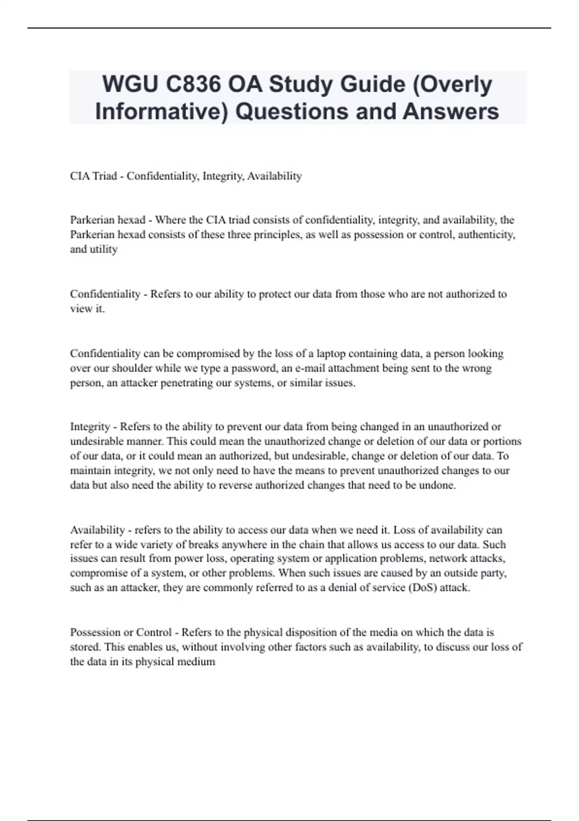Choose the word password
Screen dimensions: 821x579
point(253,368)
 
